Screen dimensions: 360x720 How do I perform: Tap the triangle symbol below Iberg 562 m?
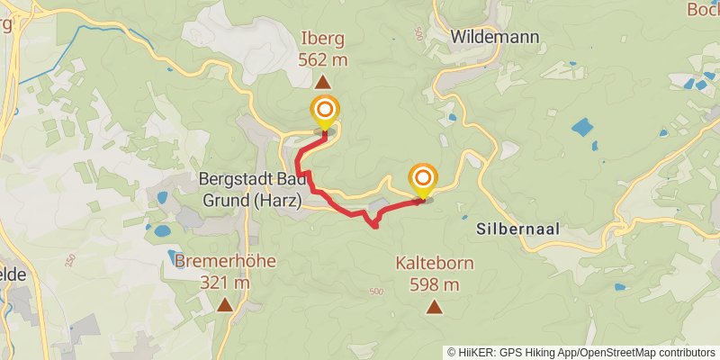point(322,81)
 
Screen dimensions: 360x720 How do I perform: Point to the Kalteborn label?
point(434,265)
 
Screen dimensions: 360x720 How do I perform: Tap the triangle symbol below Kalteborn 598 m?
point(435,307)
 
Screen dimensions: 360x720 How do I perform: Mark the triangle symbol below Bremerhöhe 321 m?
point(223,304)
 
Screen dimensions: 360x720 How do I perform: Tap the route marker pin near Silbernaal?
point(421,180)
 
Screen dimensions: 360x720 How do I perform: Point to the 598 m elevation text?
point(434,285)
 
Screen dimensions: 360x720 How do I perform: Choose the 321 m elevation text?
point(224,283)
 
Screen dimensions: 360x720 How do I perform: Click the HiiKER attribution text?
point(478,352)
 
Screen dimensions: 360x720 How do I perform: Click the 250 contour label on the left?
point(71,261)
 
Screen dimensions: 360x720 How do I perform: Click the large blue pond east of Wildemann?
point(583,127)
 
